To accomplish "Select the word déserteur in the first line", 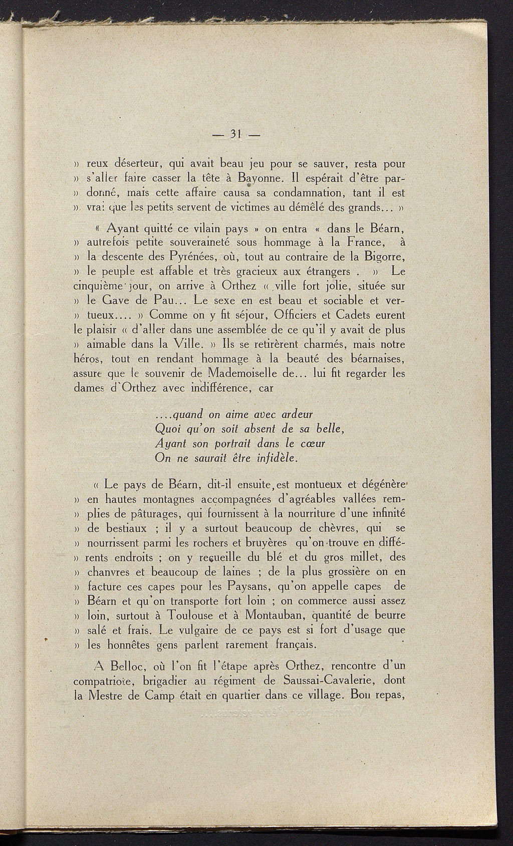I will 137,163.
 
